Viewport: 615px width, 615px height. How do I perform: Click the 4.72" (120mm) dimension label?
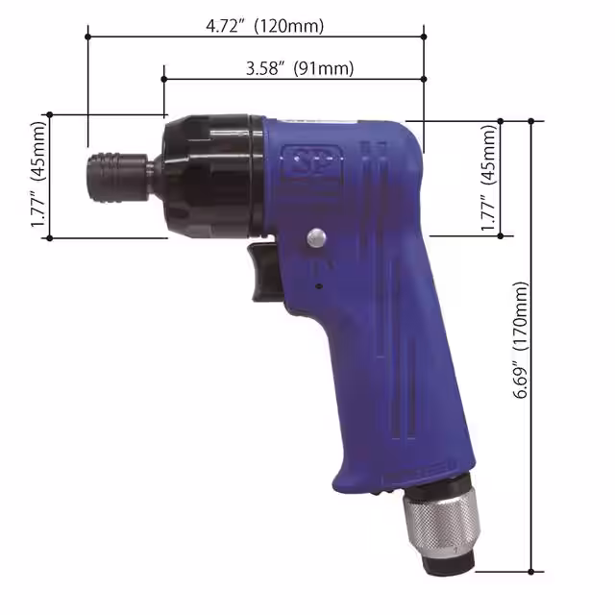pyautogui.click(x=265, y=26)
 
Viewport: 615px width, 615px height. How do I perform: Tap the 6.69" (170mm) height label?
pyautogui.click(x=521, y=342)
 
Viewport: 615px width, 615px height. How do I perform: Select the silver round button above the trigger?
pyautogui.click(x=315, y=238)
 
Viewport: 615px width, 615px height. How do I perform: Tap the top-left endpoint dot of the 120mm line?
pyautogui.click(x=87, y=37)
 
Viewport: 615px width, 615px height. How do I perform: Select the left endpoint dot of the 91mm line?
pyautogui.click(x=164, y=79)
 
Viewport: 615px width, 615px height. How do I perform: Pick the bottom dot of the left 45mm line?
pyautogui.click(x=49, y=237)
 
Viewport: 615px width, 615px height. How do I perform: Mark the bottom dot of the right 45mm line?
pyautogui.click(x=500, y=234)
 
